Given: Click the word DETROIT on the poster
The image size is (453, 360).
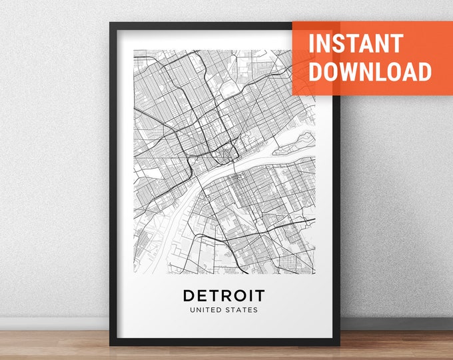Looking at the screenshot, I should point(223,295).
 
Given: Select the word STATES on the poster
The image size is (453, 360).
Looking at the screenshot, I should point(243,310).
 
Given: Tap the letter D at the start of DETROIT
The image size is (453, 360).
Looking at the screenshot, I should point(188,295).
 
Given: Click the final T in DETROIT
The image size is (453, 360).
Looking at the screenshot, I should point(259,295).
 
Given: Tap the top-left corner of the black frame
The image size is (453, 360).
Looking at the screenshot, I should point(111,25).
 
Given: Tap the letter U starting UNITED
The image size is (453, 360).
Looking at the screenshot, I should point(192,310).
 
